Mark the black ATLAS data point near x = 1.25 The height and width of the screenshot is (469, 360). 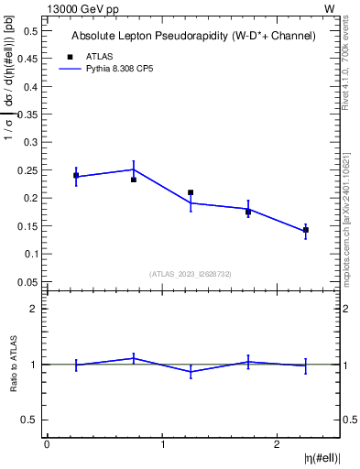(x=191, y=192)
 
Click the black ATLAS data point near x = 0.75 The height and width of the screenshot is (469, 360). (x=133, y=180)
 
